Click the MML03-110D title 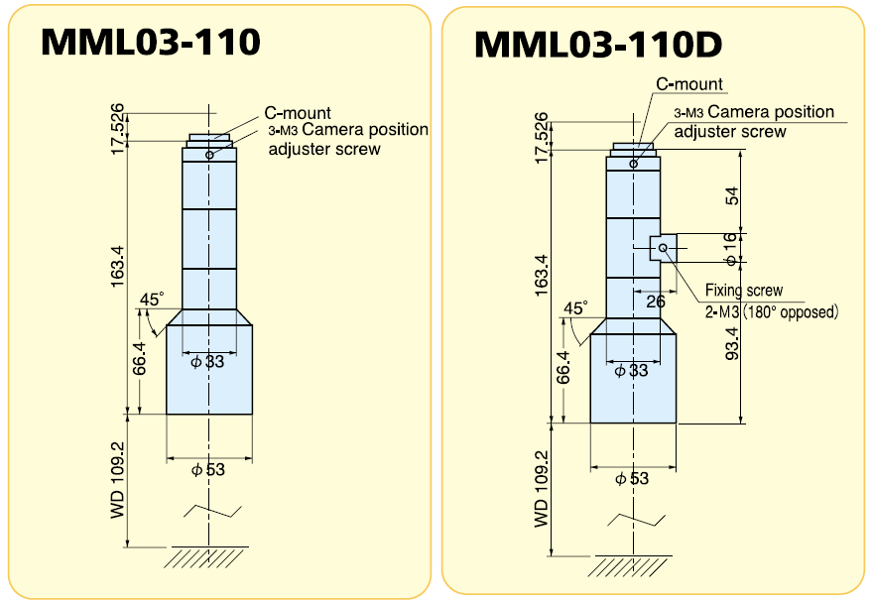point(598,45)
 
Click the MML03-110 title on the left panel point(150,42)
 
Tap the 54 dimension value point(731,194)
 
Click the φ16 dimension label point(731,248)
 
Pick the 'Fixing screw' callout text point(743,291)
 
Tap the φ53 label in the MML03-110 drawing point(208,469)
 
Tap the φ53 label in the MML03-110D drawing point(632,478)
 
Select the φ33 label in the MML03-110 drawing point(208,362)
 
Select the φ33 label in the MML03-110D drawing point(632,371)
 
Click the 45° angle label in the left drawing point(151,299)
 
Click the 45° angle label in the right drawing point(574,308)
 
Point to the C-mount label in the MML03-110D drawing point(689,84)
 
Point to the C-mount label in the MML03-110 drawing point(297,113)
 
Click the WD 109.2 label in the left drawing point(117,480)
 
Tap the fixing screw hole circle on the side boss point(663,247)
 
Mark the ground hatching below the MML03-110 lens point(208,557)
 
